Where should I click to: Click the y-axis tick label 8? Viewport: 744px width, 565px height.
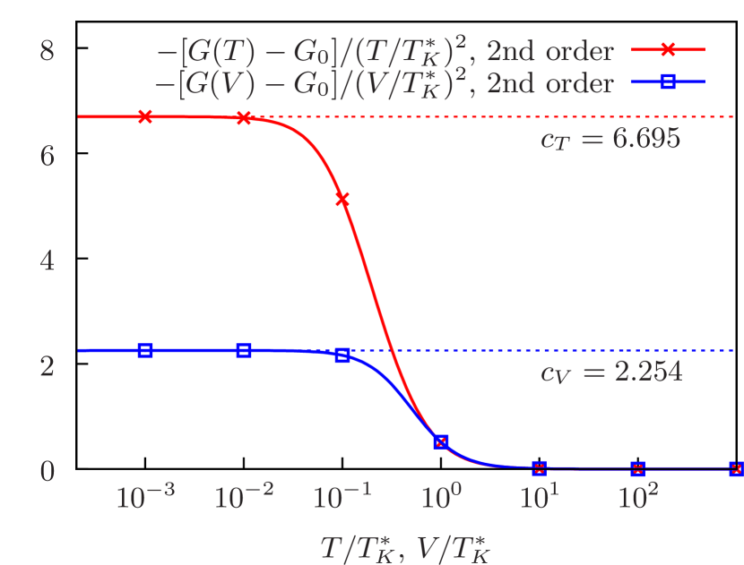(x=48, y=51)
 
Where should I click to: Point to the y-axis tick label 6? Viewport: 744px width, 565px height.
(x=48, y=156)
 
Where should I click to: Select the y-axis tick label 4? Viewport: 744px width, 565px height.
(x=48, y=261)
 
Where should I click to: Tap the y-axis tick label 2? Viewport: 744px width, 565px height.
(x=48, y=366)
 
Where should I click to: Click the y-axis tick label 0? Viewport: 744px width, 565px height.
(x=48, y=471)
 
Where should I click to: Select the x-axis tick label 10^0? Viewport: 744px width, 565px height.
(x=441, y=495)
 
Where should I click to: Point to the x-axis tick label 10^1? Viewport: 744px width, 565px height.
(x=539, y=495)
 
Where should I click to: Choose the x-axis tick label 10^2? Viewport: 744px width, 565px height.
(x=637, y=495)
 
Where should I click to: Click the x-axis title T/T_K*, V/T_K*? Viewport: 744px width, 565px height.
(x=405, y=546)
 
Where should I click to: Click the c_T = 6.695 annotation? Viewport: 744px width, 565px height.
(x=610, y=139)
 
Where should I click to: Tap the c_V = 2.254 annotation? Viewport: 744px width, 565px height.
(x=610, y=372)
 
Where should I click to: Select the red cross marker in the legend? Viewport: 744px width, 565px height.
(x=668, y=50)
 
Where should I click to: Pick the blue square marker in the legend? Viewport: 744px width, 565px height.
(x=668, y=82)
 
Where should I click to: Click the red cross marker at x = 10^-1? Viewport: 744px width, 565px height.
(x=342, y=200)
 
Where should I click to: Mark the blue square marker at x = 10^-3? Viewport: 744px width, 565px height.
(x=145, y=350)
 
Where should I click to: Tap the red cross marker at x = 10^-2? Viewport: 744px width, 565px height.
(x=244, y=118)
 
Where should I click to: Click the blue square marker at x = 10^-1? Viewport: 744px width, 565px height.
(x=342, y=355)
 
